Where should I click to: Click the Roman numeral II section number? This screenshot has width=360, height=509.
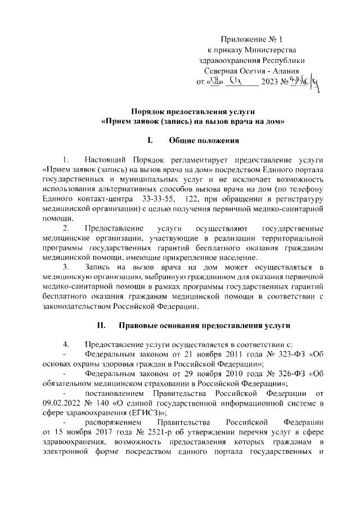(x=102, y=325)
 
